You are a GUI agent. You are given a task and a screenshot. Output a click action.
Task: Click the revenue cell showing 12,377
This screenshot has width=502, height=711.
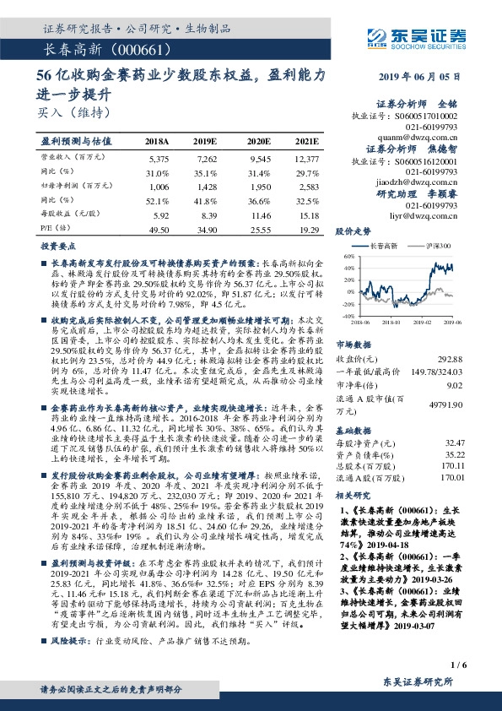point(306,158)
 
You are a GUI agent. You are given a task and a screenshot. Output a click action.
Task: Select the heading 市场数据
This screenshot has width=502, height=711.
point(354,345)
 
